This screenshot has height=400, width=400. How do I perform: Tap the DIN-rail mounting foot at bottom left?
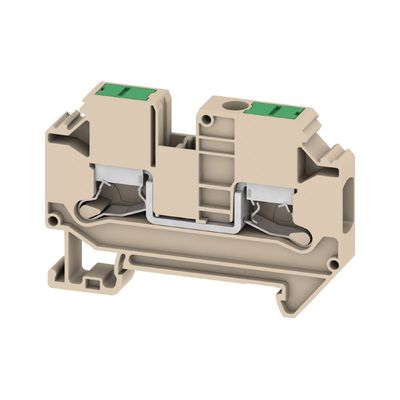(x=96, y=270)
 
